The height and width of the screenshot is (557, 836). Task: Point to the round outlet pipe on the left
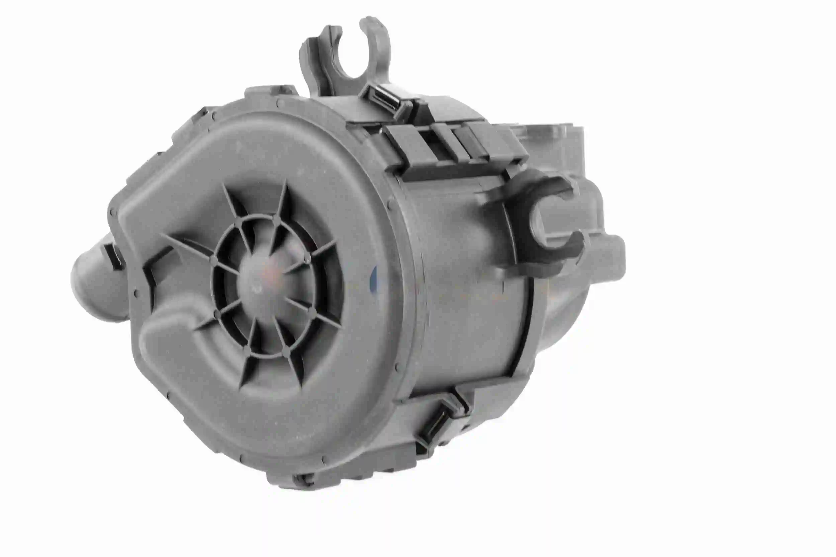point(91,281)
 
